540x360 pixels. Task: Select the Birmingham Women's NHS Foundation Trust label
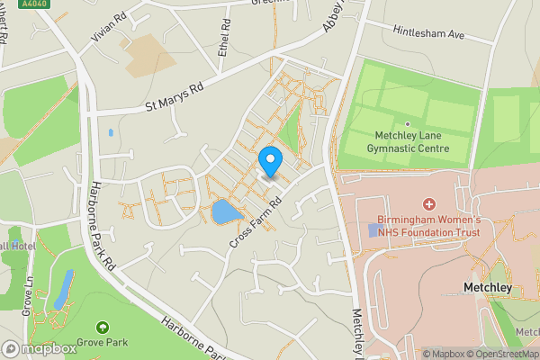(x=428, y=226)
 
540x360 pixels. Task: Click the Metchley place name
(x=487, y=288)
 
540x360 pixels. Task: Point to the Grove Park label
(x=102, y=342)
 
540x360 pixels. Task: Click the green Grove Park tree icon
(x=102, y=327)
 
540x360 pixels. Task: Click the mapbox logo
(x=40, y=348)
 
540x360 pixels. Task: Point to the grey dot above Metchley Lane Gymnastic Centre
(x=407, y=124)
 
